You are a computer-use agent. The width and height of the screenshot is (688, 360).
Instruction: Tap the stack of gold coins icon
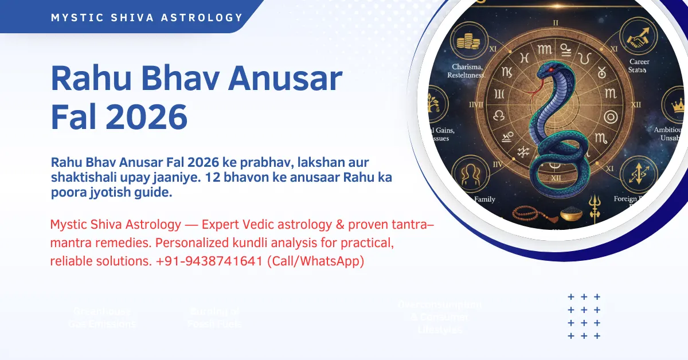pos(468,41)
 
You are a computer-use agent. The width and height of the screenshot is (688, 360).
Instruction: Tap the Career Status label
pos(639,65)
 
